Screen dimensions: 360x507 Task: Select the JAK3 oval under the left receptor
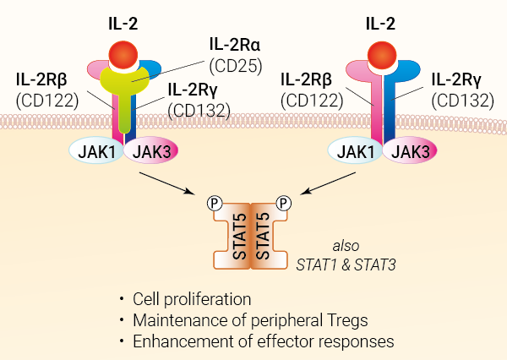(152, 152)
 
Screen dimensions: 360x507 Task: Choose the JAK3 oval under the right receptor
(411, 152)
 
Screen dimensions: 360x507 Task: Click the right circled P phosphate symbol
(283, 203)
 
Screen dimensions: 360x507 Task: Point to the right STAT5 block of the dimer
(264, 237)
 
